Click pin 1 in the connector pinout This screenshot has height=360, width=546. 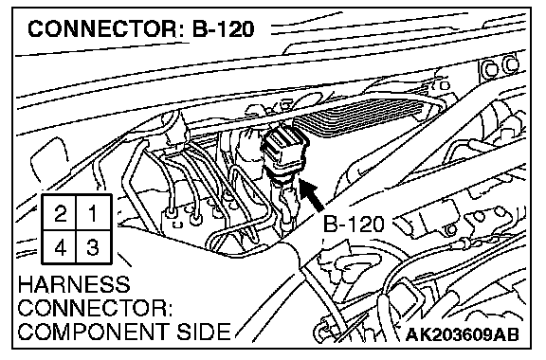coord(94,212)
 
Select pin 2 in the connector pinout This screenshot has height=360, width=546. coord(59,212)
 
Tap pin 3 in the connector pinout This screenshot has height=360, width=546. coord(94,246)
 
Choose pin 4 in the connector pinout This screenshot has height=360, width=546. coord(59,246)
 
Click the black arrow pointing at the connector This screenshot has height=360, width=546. coord(311,195)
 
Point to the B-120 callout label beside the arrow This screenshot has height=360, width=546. coord(354,224)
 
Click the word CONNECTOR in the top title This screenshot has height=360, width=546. coord(102,29)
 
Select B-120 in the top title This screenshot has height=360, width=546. coord(223,29)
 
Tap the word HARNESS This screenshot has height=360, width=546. coord(74,284)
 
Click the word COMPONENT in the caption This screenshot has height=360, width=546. coord(94,331)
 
